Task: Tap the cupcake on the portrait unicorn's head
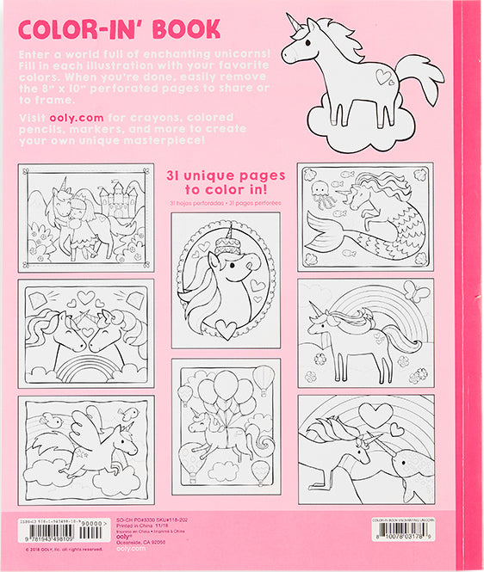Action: point(227,235)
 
